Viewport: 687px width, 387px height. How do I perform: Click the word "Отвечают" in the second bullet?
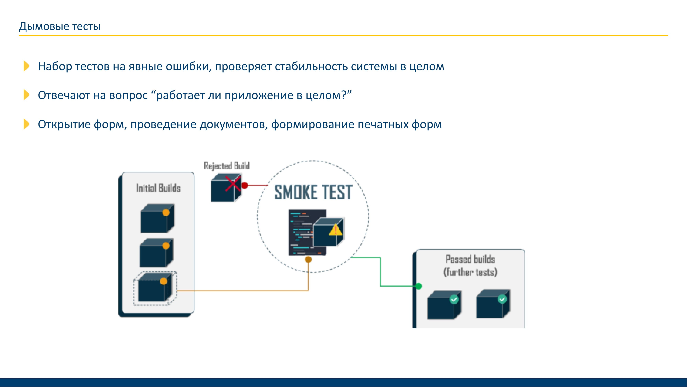pos(64,95)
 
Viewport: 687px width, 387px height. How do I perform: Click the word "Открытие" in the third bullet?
pos(64,125)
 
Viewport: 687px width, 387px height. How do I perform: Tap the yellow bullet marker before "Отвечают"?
pos(26,95)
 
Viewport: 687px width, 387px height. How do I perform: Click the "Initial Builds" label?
pos(158,188)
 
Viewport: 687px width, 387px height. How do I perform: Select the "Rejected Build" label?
pos(227,166)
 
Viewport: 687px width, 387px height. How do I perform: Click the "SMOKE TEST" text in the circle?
pos(313,192)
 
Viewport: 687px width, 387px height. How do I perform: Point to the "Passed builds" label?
pos(470,259)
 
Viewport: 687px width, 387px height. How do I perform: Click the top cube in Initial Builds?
pos(157,218)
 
